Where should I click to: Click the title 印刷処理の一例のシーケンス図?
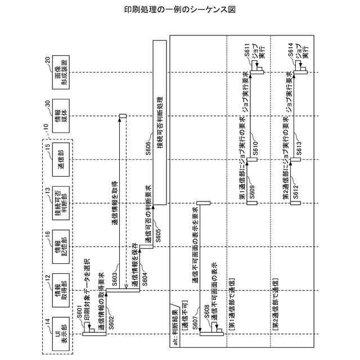coord(179,10)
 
